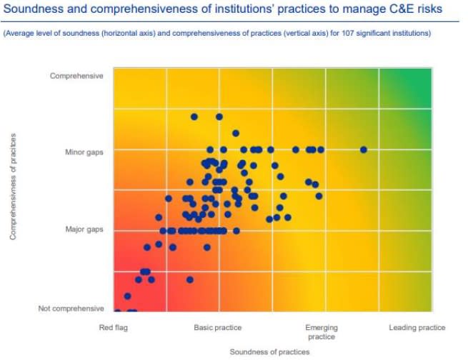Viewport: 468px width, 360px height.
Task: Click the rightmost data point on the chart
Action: pyautogui.click(x=364, y=149)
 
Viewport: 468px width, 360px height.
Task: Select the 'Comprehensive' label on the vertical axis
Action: pyautogui.click(x=76, y=76)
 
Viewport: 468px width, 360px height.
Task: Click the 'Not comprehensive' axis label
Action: pyautogui.click(x=71, y=309)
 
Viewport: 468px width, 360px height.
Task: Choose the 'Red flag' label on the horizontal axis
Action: pyautogui.click(x=114, y=328)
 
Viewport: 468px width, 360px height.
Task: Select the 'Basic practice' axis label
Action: pyautogui.click(x=218, y=328)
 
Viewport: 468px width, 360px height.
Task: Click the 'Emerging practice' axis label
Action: pyautogui.click(x=321, y=332)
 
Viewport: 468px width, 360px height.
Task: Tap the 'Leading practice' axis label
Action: pyautogui.click(x=417, y=328)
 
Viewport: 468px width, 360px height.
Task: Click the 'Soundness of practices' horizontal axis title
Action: pyautogui.click(x=269, y=351)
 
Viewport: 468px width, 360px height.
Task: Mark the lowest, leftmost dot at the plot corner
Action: pyautogui.click(x=118, y=311)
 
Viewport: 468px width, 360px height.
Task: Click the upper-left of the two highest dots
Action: pyautogui.click(x=194, y=116)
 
